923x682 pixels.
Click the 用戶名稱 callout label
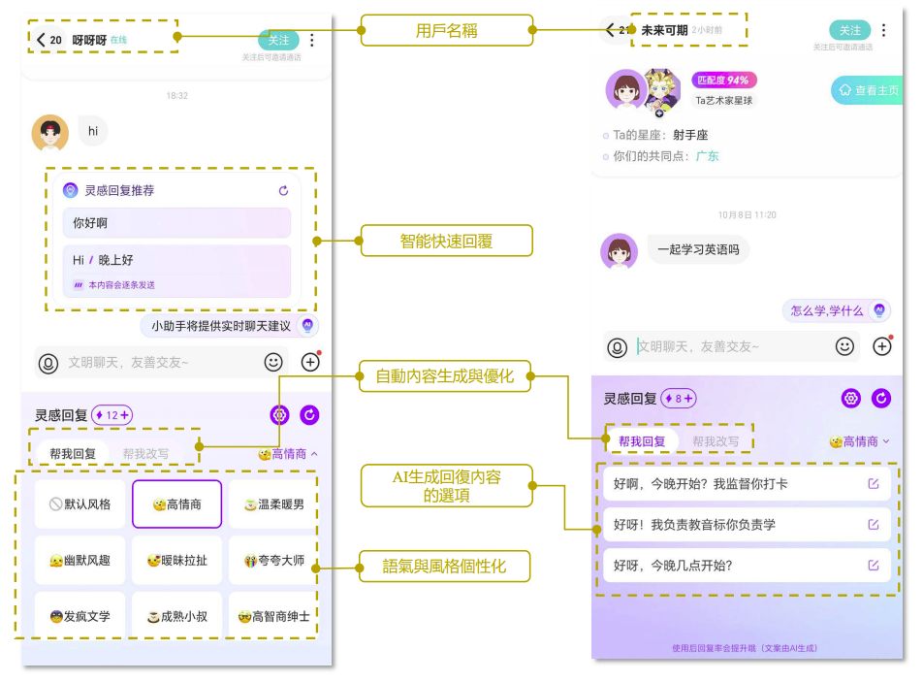446,30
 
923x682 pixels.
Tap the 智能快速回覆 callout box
446,241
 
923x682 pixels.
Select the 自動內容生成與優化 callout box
446,375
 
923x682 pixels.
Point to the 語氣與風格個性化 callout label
446,566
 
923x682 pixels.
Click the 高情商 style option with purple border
176,504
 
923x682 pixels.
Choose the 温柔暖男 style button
273,504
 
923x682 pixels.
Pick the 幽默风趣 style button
80,561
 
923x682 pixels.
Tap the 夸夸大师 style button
273,561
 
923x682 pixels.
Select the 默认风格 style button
80,504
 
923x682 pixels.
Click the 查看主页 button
868,90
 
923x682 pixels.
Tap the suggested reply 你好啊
176,223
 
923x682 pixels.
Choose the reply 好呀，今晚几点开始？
742,566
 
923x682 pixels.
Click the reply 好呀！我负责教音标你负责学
742,525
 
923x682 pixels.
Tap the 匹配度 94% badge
724,81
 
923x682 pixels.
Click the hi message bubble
93,131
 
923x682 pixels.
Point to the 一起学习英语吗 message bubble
698,249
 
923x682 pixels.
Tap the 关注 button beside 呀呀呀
278,40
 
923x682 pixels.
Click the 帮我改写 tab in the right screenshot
716,441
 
